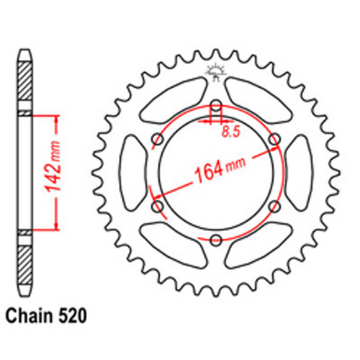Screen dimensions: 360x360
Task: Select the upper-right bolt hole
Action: pyautogui.click(x=274, y=138)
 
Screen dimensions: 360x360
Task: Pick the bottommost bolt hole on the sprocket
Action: pyautogui.click(x=215, y=240)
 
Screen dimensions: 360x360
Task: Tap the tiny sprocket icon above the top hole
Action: pyautogui.click(x=215, y=71)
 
